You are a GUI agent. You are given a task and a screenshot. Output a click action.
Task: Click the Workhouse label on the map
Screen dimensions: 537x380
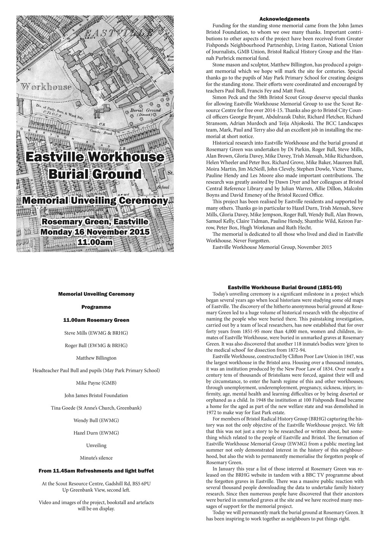point(46,87)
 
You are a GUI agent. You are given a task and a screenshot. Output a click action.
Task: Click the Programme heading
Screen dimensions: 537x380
point(96,307)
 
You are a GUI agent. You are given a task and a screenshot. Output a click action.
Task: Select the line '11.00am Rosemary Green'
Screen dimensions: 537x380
point(96,320)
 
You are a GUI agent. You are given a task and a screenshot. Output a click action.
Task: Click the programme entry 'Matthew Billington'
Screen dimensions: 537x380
point(96,358)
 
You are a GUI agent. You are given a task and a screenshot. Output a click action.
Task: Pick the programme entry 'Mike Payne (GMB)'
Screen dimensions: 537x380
point(96,383)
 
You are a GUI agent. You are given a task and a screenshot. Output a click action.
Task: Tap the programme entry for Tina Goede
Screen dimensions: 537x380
point(96,408)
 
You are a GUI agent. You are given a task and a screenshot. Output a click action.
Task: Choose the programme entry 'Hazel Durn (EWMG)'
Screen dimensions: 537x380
point(96,433)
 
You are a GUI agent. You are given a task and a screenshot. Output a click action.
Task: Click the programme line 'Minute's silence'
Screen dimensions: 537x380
point(96,458)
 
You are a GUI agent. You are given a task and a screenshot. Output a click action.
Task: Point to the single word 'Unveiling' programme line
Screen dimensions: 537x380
point(96,445)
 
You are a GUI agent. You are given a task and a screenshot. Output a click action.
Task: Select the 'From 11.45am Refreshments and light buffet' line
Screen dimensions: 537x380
point(96,471)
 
